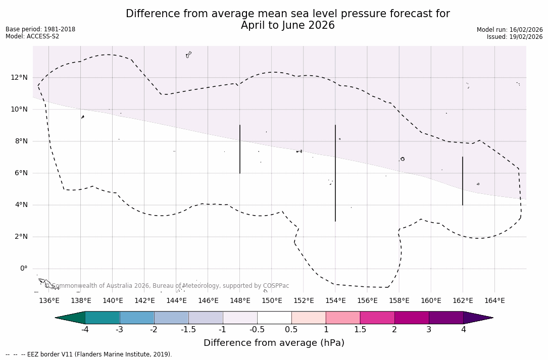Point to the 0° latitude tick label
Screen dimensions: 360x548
point(23,269)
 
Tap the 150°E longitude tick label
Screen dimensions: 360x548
point(272,300)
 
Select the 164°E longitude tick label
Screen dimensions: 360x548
point(494,300)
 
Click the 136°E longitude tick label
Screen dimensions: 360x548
point(49,300)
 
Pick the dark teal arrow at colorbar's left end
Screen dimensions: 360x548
point(71,318)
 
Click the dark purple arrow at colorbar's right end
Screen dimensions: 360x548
point(477,318)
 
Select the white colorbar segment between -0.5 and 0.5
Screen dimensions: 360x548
point(274,318)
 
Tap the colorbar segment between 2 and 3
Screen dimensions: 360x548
point(412,318)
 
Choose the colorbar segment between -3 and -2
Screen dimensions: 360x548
point(137,318)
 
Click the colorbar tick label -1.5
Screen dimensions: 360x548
point(188,330)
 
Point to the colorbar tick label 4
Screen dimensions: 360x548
point(463,330)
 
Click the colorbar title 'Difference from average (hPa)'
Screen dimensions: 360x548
point(274,343)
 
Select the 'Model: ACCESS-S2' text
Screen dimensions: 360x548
point(32,36)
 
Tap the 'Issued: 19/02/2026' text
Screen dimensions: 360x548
point(515,37)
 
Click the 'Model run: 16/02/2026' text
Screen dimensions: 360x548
point(510,30)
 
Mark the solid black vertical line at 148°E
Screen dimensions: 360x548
point(240,149)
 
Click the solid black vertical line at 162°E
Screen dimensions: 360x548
point(463,181)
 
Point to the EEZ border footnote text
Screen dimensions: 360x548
point(89,354)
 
